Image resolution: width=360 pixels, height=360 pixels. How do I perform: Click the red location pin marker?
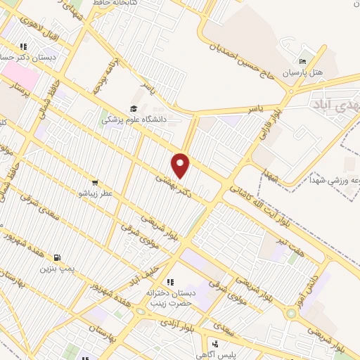coord(181,165)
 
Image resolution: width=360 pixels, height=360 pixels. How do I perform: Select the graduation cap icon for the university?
coord(134,108)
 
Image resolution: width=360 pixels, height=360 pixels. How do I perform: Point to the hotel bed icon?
coord(303,61)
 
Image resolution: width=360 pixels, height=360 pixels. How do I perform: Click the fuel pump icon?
coord(57,257)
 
